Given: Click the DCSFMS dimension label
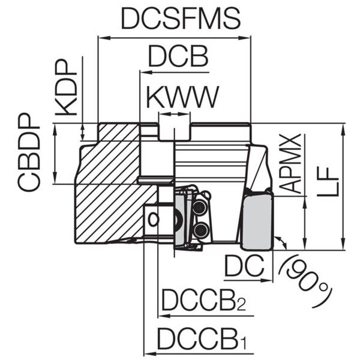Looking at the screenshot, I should (x=180, y=19).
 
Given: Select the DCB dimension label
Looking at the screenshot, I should (x=178, y=58).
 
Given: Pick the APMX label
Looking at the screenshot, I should (x=292, y=164).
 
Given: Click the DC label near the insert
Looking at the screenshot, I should (x=245, y=266).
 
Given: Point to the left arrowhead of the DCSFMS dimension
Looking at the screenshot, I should (x=100, y=38).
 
